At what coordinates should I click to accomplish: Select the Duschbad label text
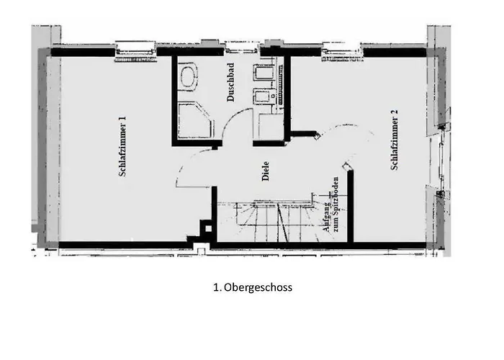click(231, 88)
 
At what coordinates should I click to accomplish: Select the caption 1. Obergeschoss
click(252, 287)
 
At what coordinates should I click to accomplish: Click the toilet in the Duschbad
click(190, 76)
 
